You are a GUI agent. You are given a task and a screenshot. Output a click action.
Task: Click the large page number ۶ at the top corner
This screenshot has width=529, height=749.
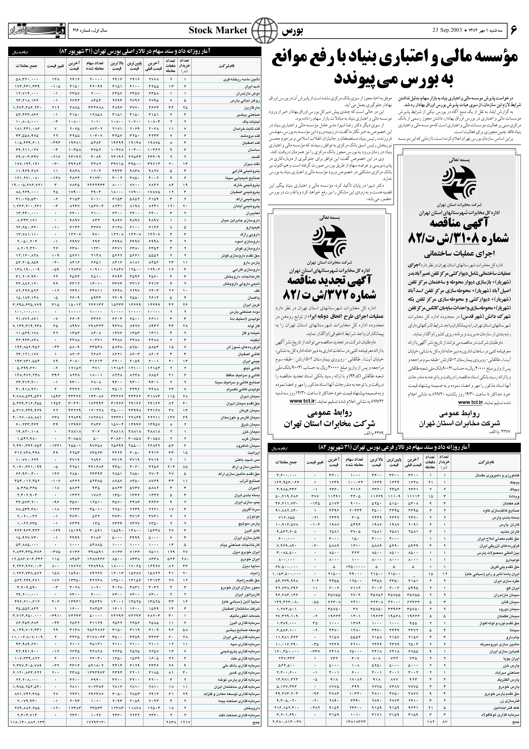[514, 30]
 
